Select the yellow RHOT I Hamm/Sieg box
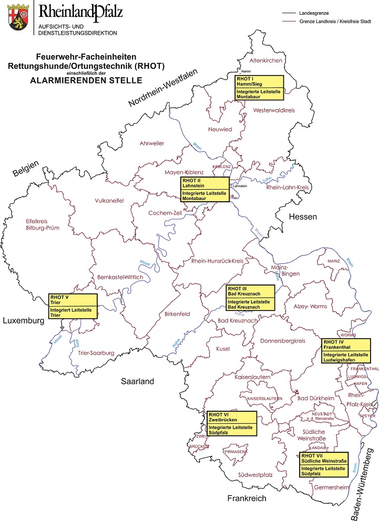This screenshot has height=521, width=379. (x=259, y=87)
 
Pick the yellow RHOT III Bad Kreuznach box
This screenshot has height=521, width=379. (x=250, y=298)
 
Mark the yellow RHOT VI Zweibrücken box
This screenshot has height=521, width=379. (x=231, y=424)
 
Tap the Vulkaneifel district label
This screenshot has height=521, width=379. (x=109, y=201)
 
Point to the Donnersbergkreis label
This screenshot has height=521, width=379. (x=283, y=341)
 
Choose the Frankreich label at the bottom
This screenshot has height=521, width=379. (x=247, y=498)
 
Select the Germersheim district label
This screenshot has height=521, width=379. (x=331, y=487)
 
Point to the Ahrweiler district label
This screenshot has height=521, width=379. (x=152, y=143)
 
